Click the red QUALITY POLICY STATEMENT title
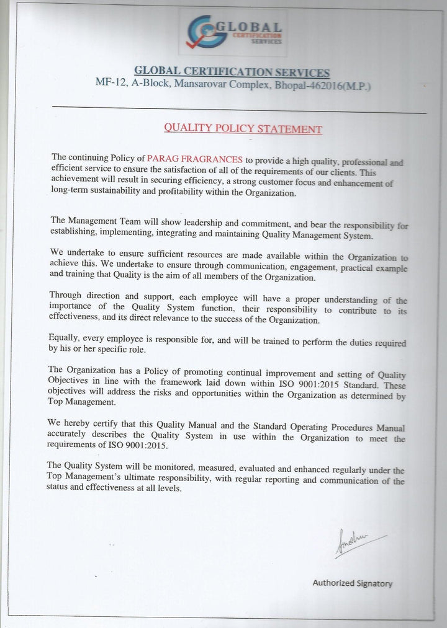pyautogui.click(x=242, y=129)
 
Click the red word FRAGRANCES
pyautogui.click(x=213, y=161)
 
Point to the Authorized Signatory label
pyautogui.click(x=351, y=583)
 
